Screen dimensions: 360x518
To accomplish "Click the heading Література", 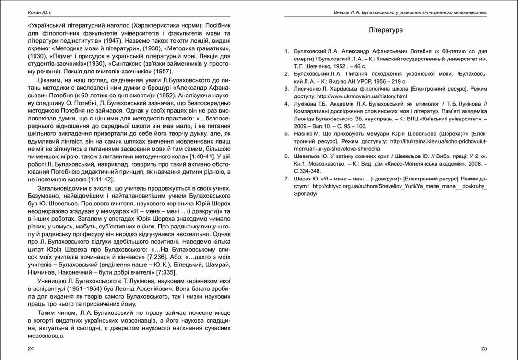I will [x=386, y=30].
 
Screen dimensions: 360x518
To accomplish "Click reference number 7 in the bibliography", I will [x=286, y=178].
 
